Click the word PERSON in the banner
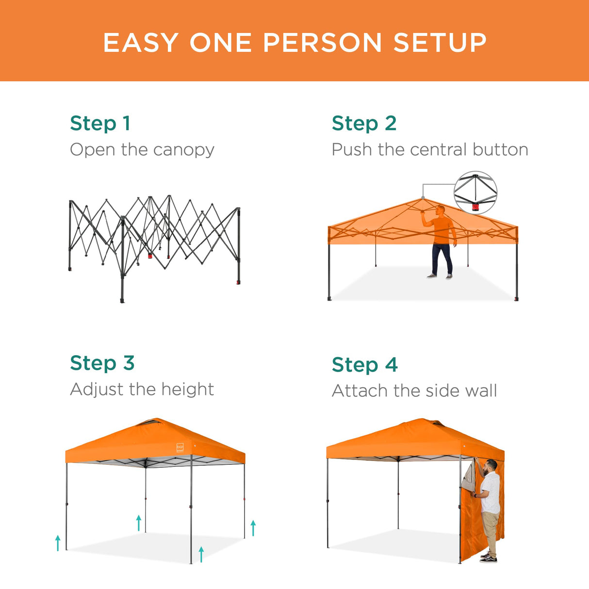[x=322, y=43]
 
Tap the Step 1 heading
[x=100, y=124]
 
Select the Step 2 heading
[x=364, y=124]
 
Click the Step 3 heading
[x=102, y=363]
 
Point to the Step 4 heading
[x=364, y=365]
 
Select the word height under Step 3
[x=187, y=389]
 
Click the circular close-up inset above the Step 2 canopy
[x=475, y=193]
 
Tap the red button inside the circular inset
[x=475, y=207]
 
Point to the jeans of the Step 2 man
[x=442, y=259]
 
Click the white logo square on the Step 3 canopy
[x=180, y=447]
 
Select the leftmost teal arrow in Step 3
[x=58, y=543]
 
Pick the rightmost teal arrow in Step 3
[x=253, y=528]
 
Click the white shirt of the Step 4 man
[x=491, y=492]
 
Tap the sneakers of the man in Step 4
[x=489, y=558]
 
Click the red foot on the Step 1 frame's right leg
[x=238, y=282]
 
